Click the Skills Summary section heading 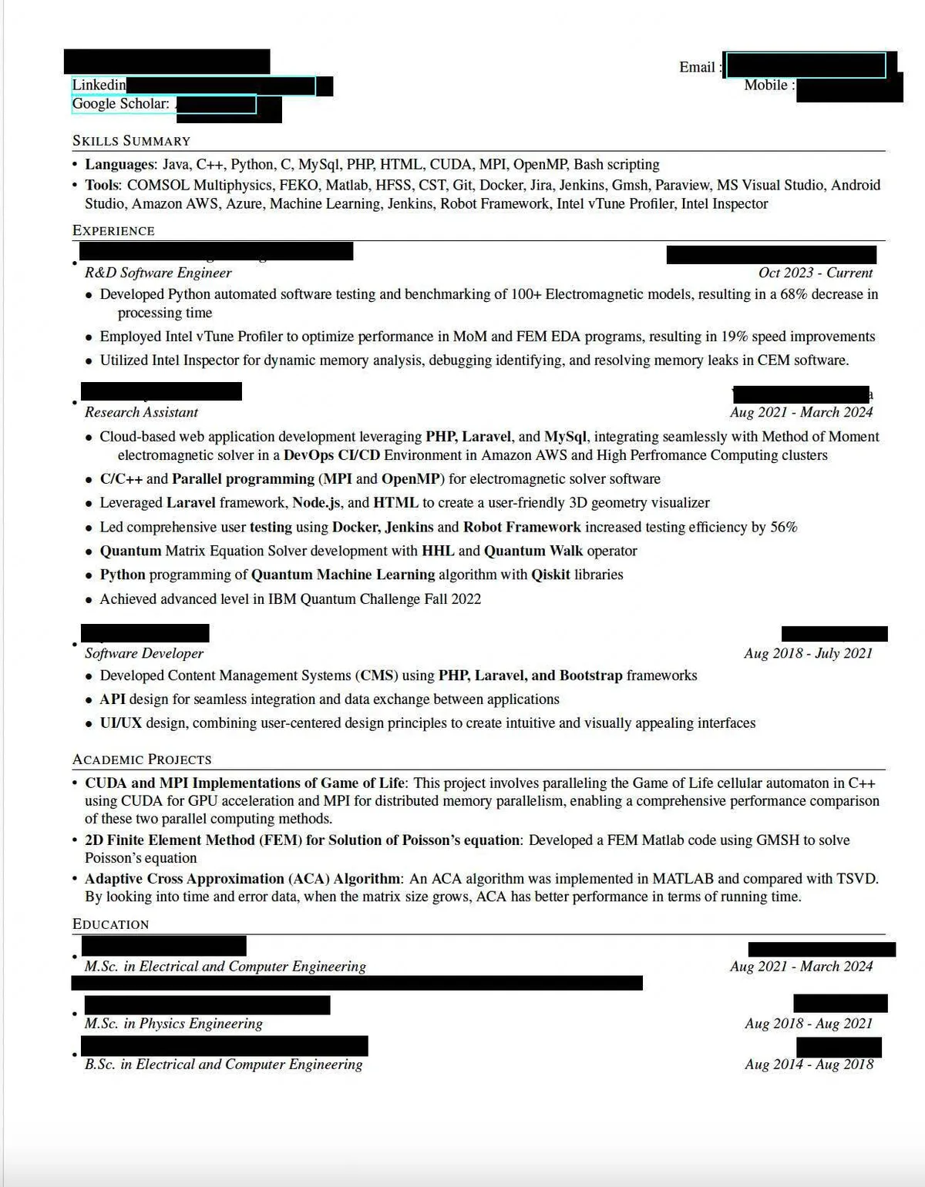click(x=131, y=141)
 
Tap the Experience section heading click(x=113, y=231)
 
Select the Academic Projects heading click(x=142, y=759)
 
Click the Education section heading click(x=110, y=924)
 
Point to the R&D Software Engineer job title click(x=158, y=273)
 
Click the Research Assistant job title click(x=141, y=412)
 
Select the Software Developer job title click(x=144, y=653)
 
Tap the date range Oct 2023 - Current click(x=816, y=273)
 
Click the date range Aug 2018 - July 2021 click(x=808, y=653)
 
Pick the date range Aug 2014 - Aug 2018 click(x=809, y=1065)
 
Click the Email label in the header click(x=697, y=67)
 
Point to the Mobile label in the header click(x=765, y=86)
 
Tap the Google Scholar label click(x=120, y=104)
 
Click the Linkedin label click(x=99, y=85)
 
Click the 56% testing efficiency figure click(x=783, y=528)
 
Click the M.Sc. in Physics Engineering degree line click(x=173, y=1024)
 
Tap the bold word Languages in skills click(x=119, y=164)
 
